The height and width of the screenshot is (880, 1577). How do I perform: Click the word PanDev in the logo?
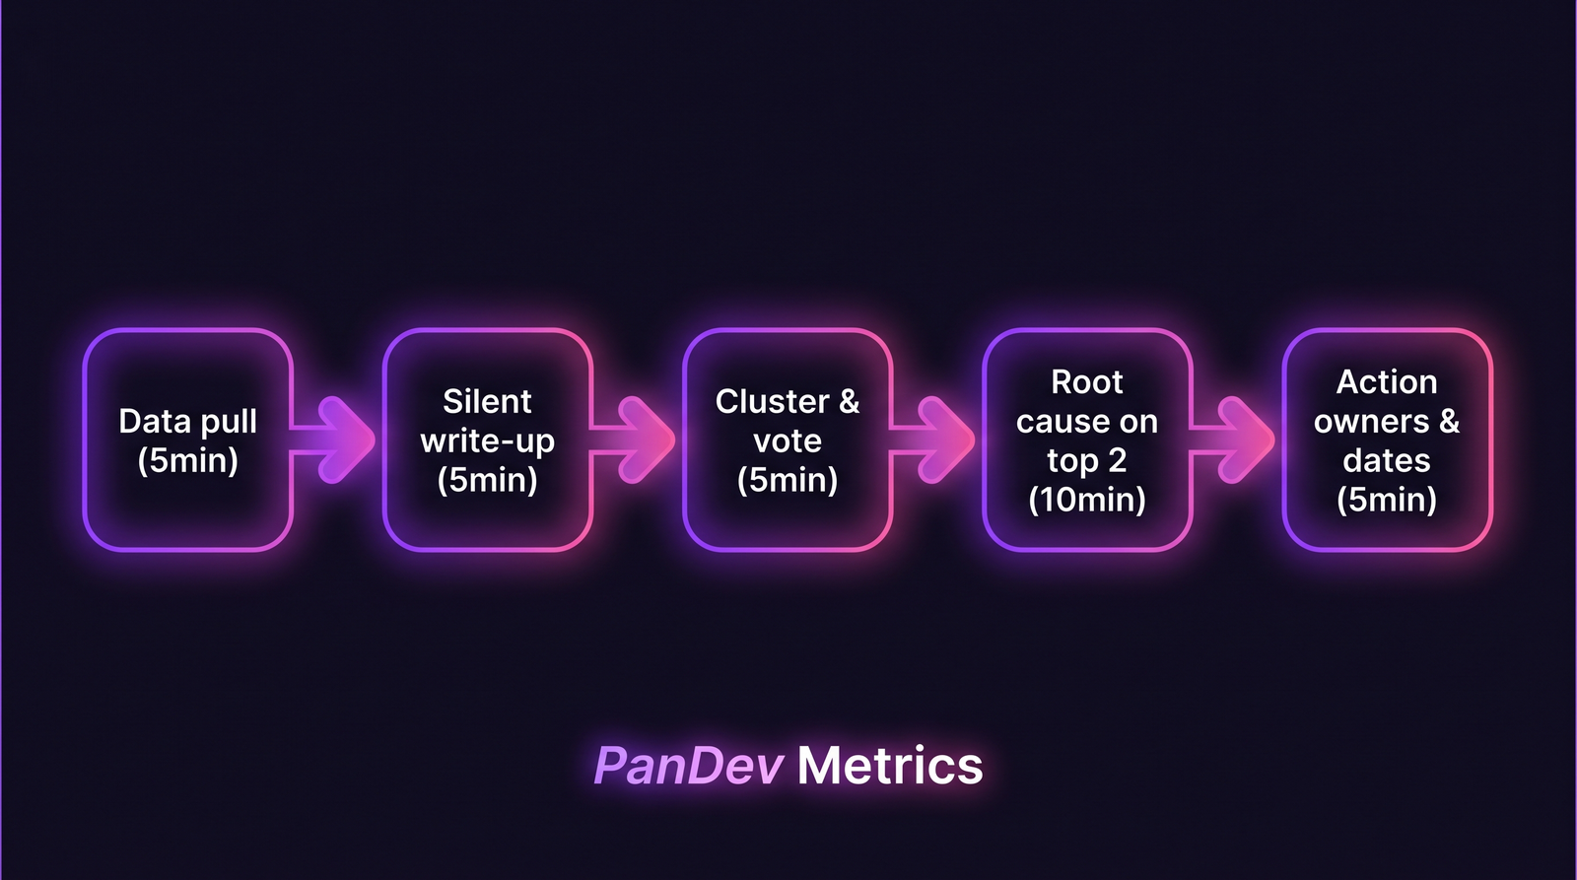tap(688, 766)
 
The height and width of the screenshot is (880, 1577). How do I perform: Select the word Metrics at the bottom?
tap(890, 766)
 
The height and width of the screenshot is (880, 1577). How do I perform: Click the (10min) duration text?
tap(1086, 500)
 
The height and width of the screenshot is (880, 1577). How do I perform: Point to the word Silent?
tap(487, 401)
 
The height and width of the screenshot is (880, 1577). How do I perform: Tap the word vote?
tap(787, 440)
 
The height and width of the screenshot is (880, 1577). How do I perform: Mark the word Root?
tap(1086, 381)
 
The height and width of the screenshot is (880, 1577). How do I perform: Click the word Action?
tap(1386, 381)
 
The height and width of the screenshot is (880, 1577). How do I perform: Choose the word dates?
tap(1386, 460)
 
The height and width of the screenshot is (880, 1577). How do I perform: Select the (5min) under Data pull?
tap(187, 460)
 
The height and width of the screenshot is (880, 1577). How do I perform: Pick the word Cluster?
tap(772, 401)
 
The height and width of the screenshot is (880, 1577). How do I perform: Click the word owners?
tap(1370, 421)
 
